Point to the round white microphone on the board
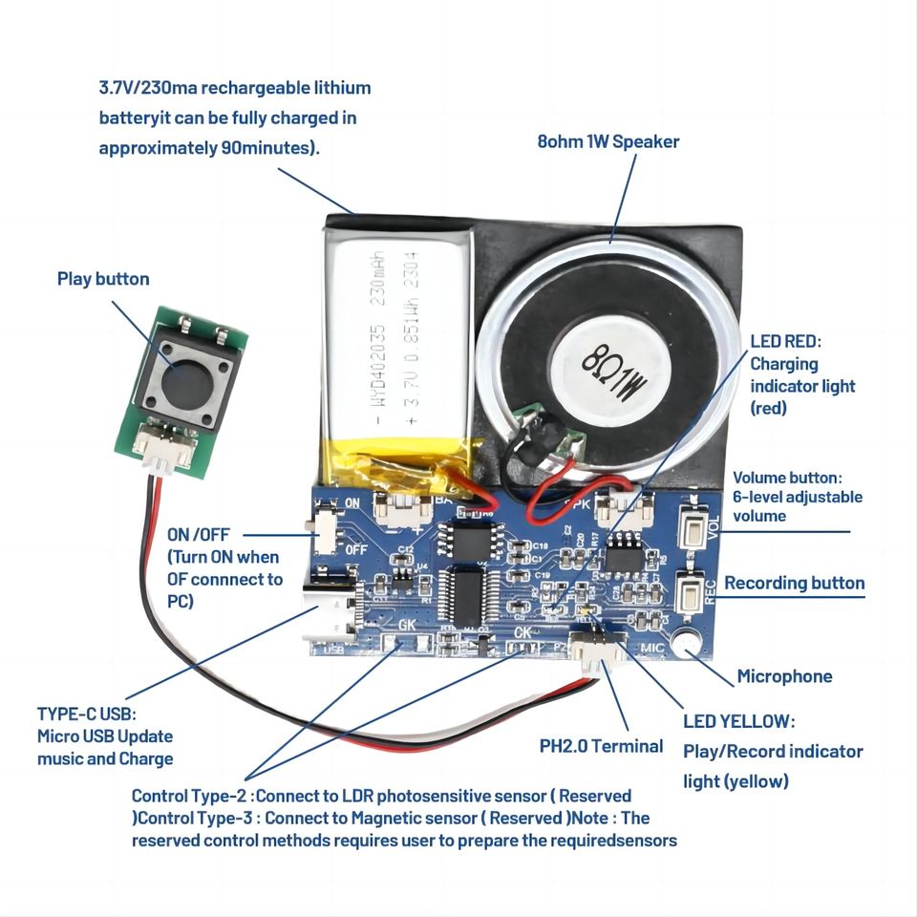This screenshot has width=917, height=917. click(685, 647)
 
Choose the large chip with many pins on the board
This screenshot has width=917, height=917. click(468, 598)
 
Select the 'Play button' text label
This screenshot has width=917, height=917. click(103, 279)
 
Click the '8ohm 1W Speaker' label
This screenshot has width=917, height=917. click(608, 141)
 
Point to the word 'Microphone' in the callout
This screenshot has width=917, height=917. click(784, 676)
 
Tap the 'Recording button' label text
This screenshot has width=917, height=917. click(794, 583)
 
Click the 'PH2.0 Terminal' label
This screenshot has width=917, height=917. click(601, 745)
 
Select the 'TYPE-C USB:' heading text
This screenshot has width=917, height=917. click(87, 714)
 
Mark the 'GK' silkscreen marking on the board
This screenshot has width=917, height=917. click(408, 626)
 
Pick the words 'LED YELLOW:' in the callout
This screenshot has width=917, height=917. click(738, 721)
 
